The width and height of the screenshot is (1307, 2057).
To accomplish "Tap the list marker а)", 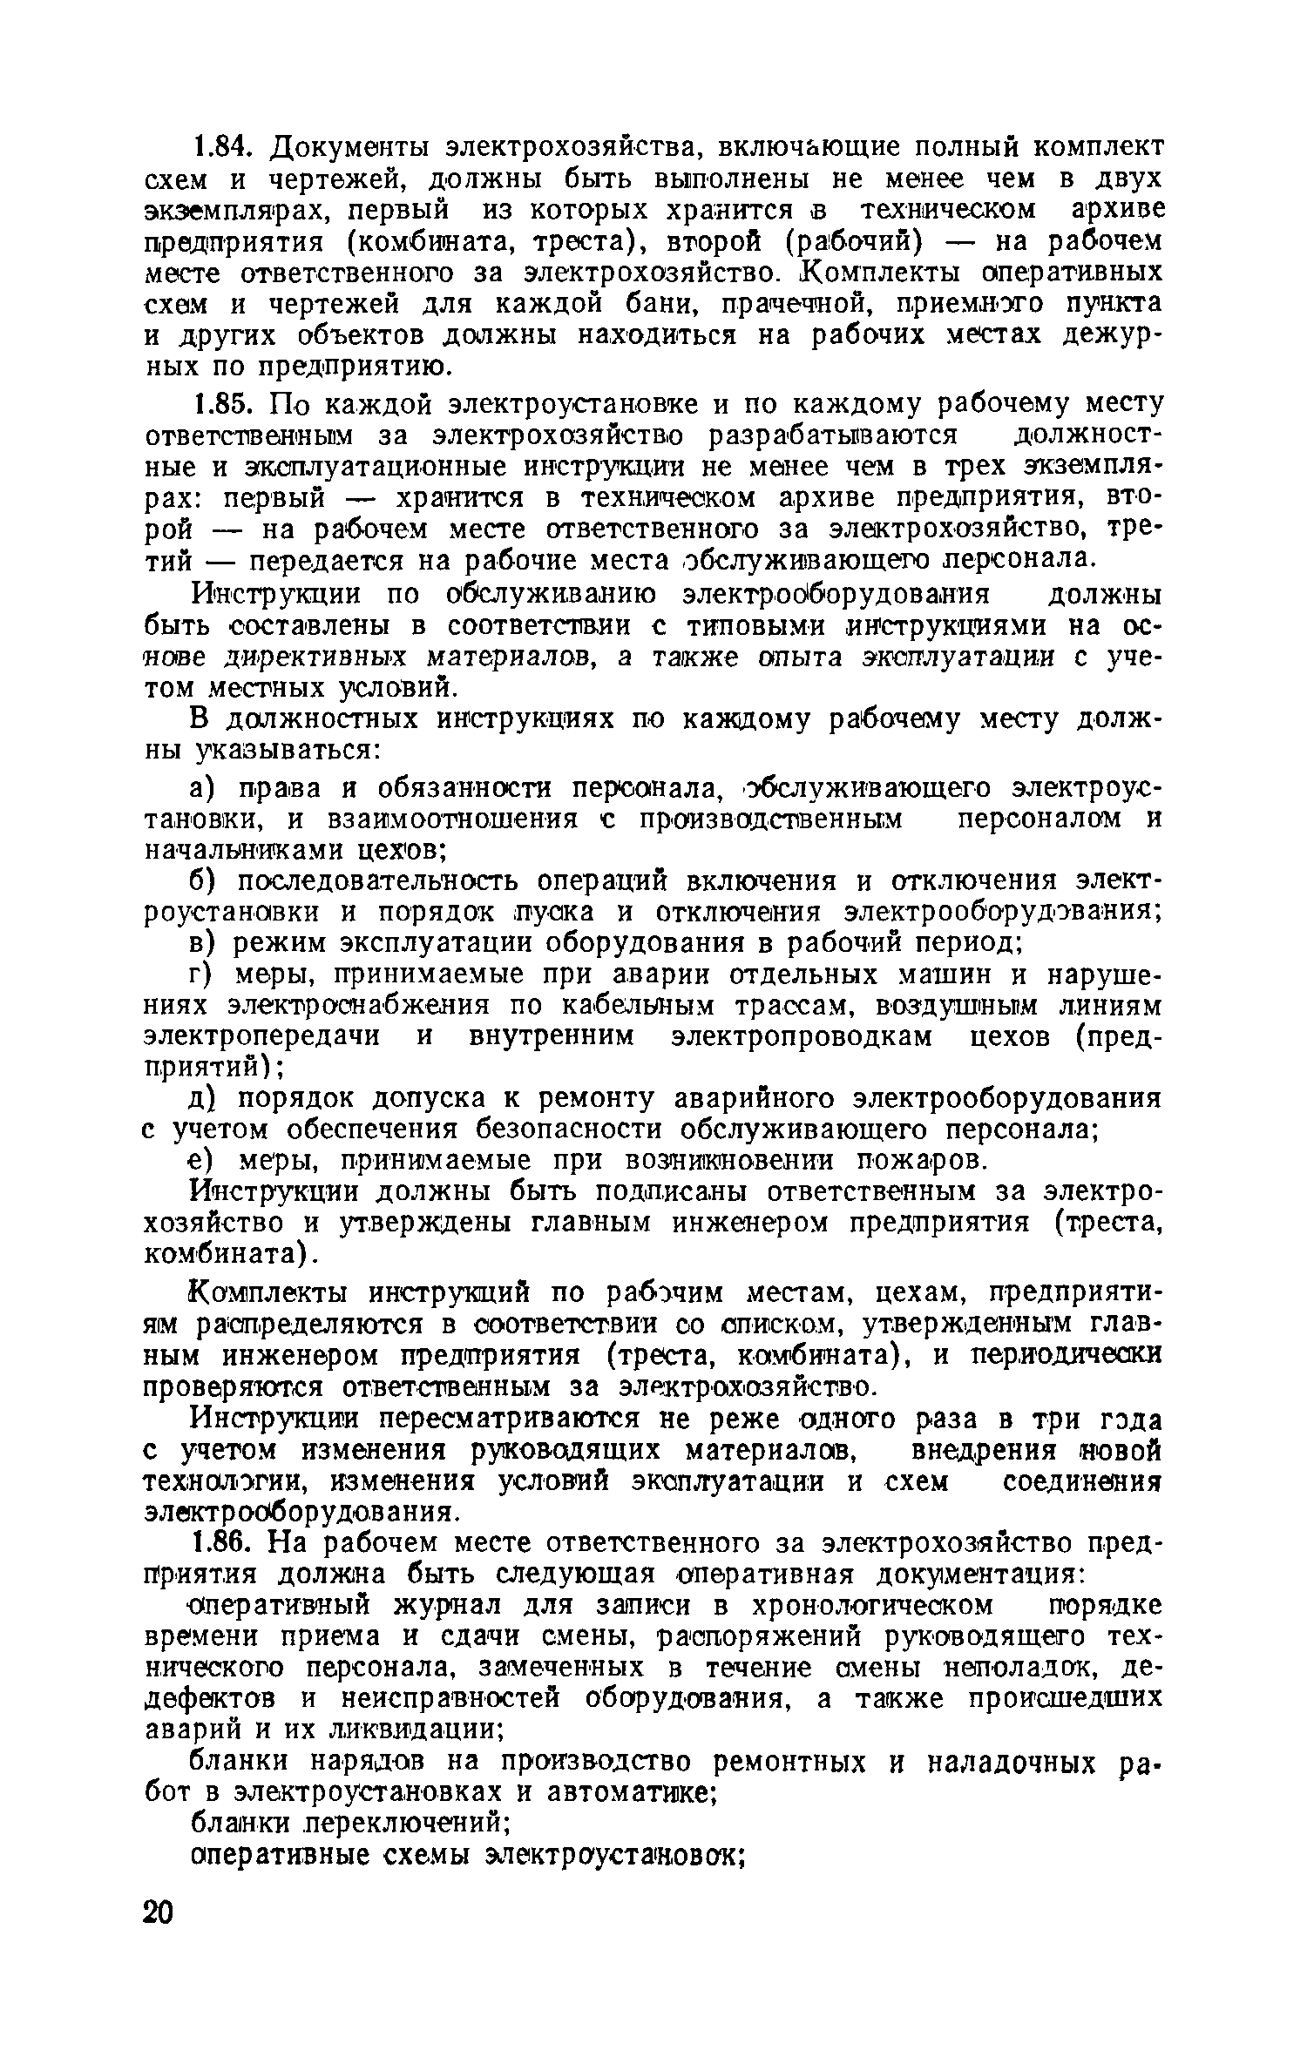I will pos(205,788).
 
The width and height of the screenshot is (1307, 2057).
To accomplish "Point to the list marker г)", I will pos(203,975).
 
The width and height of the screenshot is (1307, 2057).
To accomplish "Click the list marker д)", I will pos(205,1099).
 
